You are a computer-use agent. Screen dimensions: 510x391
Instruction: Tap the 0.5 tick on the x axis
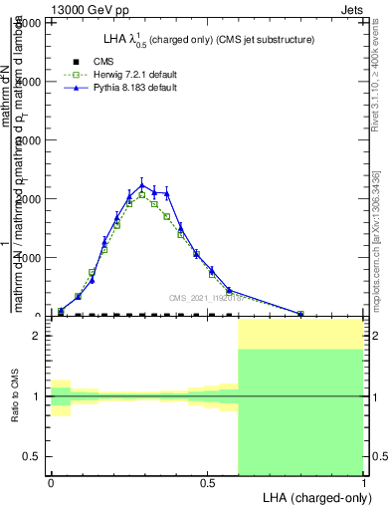tap(207, 484)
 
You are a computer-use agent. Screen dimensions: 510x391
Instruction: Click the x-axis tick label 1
tap(363, 484)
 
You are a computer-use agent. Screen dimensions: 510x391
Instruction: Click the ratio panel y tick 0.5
tap(36, 456)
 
